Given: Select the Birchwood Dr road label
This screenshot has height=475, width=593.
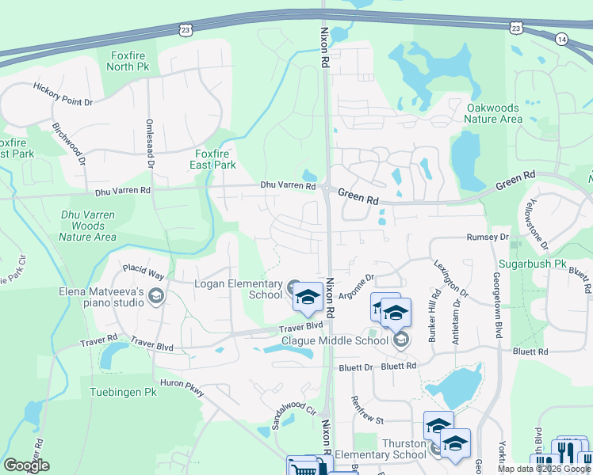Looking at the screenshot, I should [69, 142].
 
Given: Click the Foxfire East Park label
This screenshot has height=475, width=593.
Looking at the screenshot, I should [216, 159].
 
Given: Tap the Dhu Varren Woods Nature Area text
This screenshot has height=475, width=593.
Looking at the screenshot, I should [88, 226].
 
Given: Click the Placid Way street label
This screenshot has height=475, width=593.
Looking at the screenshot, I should [143, 274].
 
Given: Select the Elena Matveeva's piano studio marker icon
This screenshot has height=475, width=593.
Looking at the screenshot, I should [155, 297].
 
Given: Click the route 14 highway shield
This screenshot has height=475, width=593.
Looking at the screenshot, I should [561, 38].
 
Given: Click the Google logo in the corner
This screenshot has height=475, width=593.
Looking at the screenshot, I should [27, 465].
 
